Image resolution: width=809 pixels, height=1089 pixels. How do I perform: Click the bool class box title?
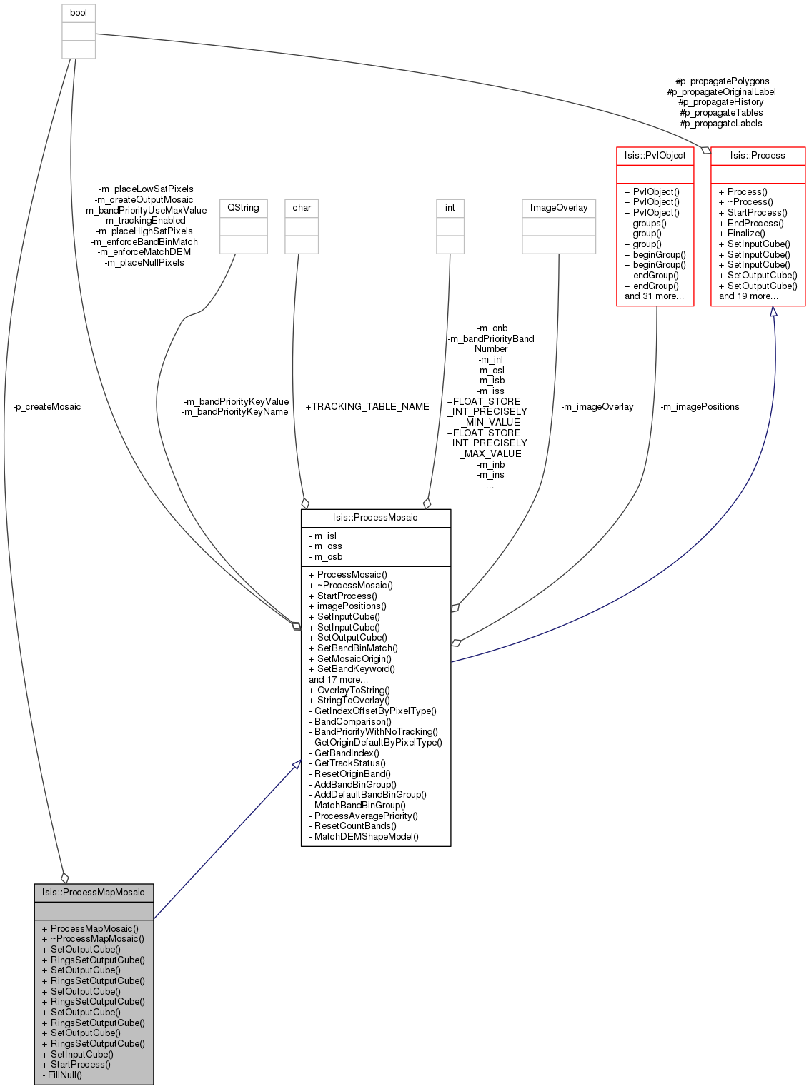78,13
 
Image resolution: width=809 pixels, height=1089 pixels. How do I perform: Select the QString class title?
243,208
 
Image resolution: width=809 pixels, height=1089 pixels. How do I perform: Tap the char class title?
302,208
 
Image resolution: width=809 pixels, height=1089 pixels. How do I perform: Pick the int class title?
450,208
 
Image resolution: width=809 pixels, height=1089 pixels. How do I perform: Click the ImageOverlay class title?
558,208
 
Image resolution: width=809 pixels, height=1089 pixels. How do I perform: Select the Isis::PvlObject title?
655,156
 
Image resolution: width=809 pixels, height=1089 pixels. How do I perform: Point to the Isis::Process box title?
758,156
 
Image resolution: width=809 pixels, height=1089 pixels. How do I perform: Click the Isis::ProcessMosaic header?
375,518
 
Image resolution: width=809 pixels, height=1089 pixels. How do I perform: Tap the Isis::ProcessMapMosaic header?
94,893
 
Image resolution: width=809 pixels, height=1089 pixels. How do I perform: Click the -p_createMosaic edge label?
47,407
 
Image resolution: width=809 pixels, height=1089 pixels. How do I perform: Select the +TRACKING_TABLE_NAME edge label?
367,407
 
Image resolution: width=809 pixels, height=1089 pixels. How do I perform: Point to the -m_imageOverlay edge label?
597,407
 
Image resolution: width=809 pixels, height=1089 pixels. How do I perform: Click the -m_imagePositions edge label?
700,407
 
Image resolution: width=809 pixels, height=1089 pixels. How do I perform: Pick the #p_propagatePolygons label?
722,81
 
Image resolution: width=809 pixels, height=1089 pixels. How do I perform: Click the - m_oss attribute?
325,546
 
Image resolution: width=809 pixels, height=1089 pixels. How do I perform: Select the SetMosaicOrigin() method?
350,659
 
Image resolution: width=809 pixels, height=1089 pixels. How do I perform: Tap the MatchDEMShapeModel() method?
364,837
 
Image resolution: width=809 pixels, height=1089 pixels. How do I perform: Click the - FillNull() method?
62,1075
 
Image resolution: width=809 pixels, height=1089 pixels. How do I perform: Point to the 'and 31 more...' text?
654,296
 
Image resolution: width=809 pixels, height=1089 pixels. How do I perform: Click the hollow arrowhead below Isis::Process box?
773,312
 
